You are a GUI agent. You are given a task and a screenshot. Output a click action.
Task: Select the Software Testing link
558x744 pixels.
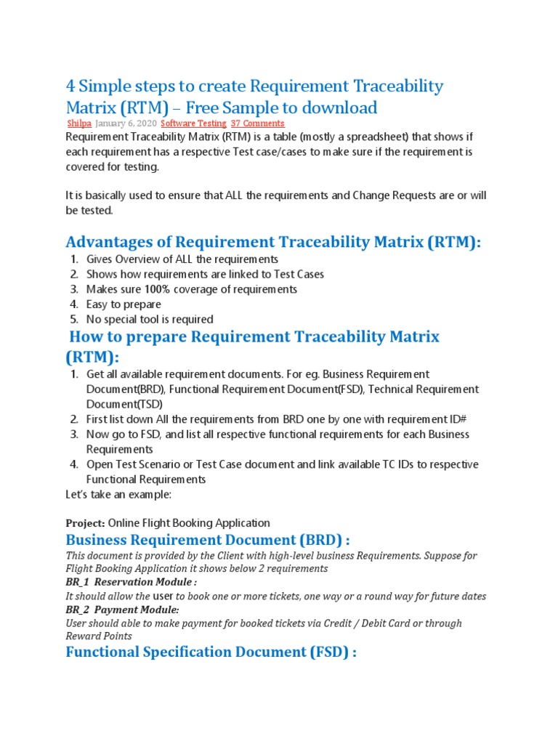(x=193, y=124)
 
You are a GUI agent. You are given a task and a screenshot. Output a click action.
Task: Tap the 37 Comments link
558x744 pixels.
(x=257, y=124)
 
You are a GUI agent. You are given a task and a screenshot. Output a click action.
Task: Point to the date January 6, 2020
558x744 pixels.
(x=125, y=124)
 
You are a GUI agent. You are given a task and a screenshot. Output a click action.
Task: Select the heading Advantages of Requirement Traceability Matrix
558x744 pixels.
(x=273, y=242)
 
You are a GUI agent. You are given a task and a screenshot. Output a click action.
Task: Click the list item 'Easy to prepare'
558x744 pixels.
(x=124, y=304)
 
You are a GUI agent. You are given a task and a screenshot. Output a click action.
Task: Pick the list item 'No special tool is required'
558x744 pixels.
(x=150, y=319)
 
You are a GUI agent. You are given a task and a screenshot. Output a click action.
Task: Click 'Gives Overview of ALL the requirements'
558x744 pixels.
(x=182, y=259)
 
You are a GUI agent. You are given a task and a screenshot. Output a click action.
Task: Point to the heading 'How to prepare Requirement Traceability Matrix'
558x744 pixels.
(x=254, y=337)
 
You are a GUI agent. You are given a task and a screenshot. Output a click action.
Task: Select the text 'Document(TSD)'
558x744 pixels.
(x=124, y=404)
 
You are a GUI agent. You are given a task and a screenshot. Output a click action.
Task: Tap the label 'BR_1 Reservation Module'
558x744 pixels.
(x=131, y=582)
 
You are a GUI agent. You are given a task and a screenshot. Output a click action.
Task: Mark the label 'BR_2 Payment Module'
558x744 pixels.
(x=122, y=610)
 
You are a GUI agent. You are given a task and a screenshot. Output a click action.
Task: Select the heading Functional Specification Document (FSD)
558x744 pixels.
(x=211, y=652)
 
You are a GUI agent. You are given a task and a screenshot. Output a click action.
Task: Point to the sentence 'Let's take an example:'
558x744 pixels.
(x=119, y=495)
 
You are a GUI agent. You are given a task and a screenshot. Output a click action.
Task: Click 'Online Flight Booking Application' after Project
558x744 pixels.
(x=190, y=523)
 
